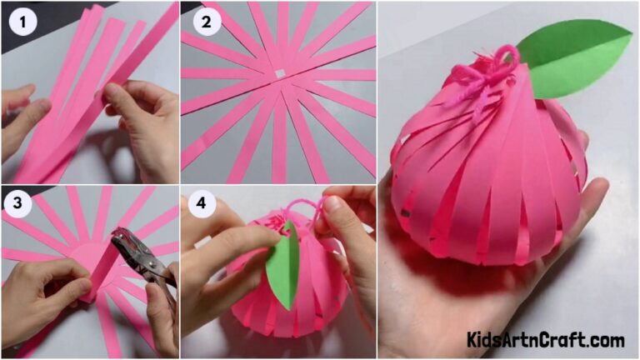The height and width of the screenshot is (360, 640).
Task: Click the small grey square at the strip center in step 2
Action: click(277, 77)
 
